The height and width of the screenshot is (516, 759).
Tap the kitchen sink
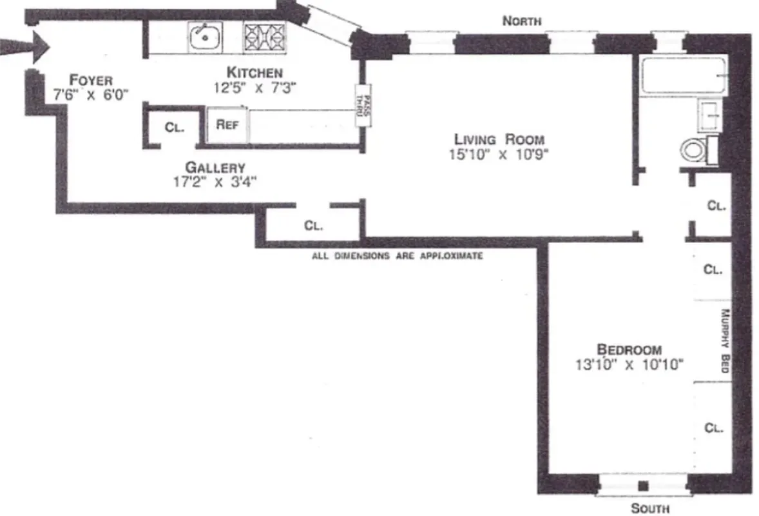point(206,36)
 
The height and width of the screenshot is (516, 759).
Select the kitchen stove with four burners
point(264,37)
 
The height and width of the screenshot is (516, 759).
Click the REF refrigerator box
point(227,124)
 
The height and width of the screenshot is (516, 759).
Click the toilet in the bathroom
point(693,151)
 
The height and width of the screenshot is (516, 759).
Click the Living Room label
point(499,139)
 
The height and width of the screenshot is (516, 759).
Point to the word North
point(521,21)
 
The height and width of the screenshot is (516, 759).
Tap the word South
point(649,508)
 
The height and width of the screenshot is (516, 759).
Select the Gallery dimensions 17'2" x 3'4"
point(215,182)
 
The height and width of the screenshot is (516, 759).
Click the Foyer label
point(91,80)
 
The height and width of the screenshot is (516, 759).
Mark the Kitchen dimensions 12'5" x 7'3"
point(255,87)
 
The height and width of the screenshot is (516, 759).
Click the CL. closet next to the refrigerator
point(174,127)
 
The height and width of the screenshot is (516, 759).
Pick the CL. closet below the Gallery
point(313,226)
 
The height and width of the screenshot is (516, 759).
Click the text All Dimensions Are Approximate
point(397,256)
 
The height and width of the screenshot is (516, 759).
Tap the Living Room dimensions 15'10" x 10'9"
point(499,154)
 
